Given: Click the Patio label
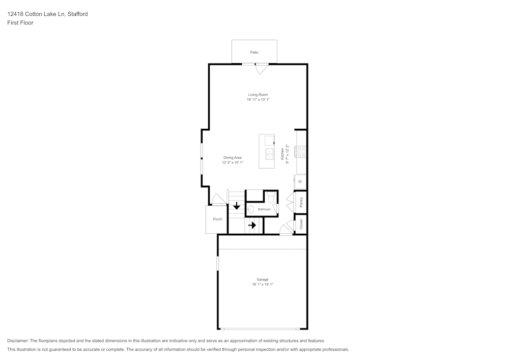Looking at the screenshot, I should point(254,52).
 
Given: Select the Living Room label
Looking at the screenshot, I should point(258,95).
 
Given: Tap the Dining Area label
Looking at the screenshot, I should point(232,158).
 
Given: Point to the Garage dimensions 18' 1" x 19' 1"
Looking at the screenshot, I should point(262,284).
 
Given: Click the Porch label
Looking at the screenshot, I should point(217,219).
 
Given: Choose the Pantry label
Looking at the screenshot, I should point(301,202).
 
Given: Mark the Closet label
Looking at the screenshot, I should point(301,224).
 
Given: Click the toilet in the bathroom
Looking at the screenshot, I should point(271,198).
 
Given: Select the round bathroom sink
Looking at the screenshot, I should point(250,209).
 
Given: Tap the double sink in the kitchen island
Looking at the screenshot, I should point(270,154).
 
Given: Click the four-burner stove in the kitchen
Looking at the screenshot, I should point(301,151).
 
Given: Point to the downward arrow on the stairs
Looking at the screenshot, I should point(237,206).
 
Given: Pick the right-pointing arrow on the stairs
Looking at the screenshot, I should point(252,225).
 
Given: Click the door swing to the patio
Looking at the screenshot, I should point(262,69).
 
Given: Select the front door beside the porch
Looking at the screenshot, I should point(218,199).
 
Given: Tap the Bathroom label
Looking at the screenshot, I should point(264,209).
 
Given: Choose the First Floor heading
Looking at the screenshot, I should point(20,23).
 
